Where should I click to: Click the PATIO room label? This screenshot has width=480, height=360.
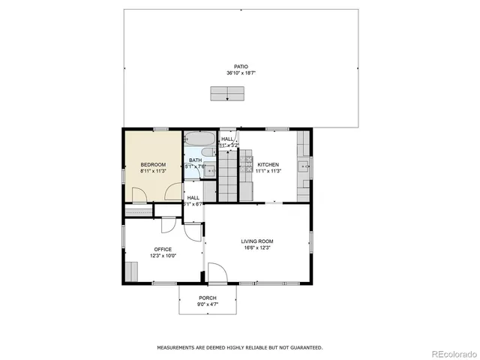[x=239, y=67]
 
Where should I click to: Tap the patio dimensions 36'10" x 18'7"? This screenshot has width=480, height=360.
[x=239, y=73]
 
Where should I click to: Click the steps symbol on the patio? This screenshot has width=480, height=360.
[x=228, y=93]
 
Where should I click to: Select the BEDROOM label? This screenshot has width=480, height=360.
[x=152, y=164]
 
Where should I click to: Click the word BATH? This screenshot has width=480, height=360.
[x=195, y=160]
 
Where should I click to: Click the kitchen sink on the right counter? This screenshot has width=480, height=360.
[x=304, y=166]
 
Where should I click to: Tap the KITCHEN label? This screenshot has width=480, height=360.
[x=268, y=164]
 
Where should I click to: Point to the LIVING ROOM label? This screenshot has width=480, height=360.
[x=257, y=241]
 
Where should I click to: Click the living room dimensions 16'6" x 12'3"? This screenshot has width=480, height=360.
[x=257, y=248]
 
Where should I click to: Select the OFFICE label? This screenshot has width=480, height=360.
[x=163, y=249]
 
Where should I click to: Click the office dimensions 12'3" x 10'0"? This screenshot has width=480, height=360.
[x=163, y=256]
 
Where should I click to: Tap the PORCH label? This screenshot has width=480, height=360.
[x=208, y=298]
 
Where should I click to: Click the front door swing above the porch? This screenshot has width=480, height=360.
[x=217, y=273]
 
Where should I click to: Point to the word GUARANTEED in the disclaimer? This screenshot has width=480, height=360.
[x=306, y=347]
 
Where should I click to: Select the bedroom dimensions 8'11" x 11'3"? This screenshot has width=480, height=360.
[x=152, y=171]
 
